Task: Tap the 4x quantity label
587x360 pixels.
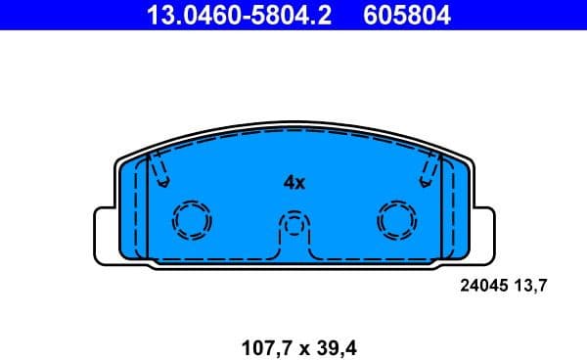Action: tap(294, 182)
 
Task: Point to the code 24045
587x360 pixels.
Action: tap(483, 287)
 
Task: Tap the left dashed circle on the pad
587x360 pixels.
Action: tap(191, 221)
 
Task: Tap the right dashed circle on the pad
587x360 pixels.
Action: tap(396, 221)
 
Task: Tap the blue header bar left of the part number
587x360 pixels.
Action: tap(68, 16)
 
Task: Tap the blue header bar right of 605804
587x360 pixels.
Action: tap(519, 16)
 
